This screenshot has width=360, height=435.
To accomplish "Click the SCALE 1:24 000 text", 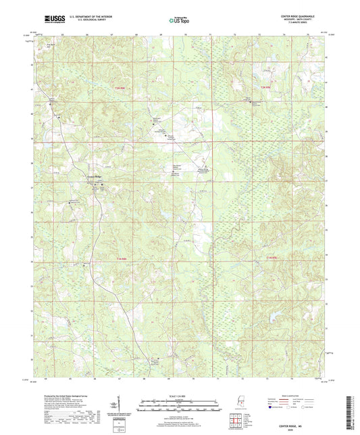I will (x=180, y=395).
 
